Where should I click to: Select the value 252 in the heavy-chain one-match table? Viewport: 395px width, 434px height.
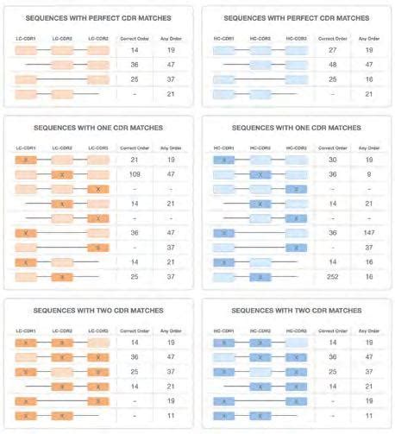click(x=331, y=277)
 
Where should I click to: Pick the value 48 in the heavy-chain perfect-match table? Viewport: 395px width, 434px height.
click(x=331, y=65)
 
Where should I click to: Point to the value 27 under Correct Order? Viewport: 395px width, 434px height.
click(x=331, y=51)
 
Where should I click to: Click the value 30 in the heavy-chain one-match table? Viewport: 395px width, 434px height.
click(x=331, y=160)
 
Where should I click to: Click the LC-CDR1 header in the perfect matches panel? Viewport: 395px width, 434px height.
click(x=27, y=39)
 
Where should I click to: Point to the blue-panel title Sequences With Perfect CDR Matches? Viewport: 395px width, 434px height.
click(x=296, y=18)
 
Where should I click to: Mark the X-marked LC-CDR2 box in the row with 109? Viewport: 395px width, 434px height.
click(x=63, y=174)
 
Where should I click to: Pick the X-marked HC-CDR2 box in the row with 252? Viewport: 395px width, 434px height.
click(x=260, y=277)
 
